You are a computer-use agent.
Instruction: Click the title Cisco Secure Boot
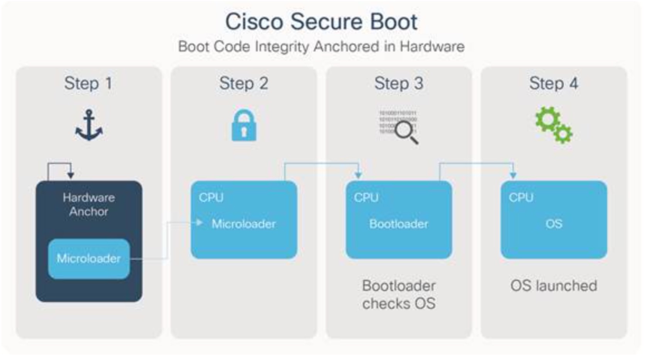pyautogui.click(x=321, y=22)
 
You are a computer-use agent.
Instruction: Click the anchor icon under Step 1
pyautogui.click(x=89, y=125)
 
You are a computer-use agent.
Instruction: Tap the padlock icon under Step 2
pyautogui.click(x=244, y=126)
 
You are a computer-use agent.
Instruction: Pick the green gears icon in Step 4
pyautogui.click(x=554, y=125)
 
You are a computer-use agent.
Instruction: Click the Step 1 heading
pyautogui.click(x=88, y=83)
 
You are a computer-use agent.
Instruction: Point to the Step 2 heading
pyautogui.click(x=244, y=83)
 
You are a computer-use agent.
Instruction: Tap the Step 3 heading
pyautogui.click(x=399, y=83)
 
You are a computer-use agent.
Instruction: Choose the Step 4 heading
pyautogui.click(x=554, y=83)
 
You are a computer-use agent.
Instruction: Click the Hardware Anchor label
pyautogui.click(x=89, y=204)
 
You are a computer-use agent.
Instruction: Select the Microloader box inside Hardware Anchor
pyautogui.click(x=89, y=258)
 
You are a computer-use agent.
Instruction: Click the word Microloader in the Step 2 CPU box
pyautogui.click(x=244, y=224)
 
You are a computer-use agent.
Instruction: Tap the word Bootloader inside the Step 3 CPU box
pyautogui.click(x=399, y=224)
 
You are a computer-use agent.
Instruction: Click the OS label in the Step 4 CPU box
pyautogui.click(x=554, y=224)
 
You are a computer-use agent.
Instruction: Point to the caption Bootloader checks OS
pyautogui.click(x=399, y=294)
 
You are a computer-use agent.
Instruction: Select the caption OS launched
pyautogui.click(x=554, y=286)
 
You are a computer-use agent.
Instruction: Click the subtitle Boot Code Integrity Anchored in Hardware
pyautogui.click(x=321, y=46)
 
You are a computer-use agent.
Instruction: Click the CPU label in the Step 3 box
pyautogui.click(x=366, y=197)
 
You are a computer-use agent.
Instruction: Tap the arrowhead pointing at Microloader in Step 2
pyautogui.click(x=199, y=222)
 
